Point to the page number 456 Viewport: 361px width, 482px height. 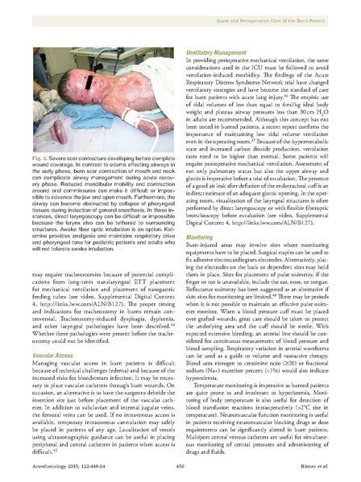click(x=180, y=466)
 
